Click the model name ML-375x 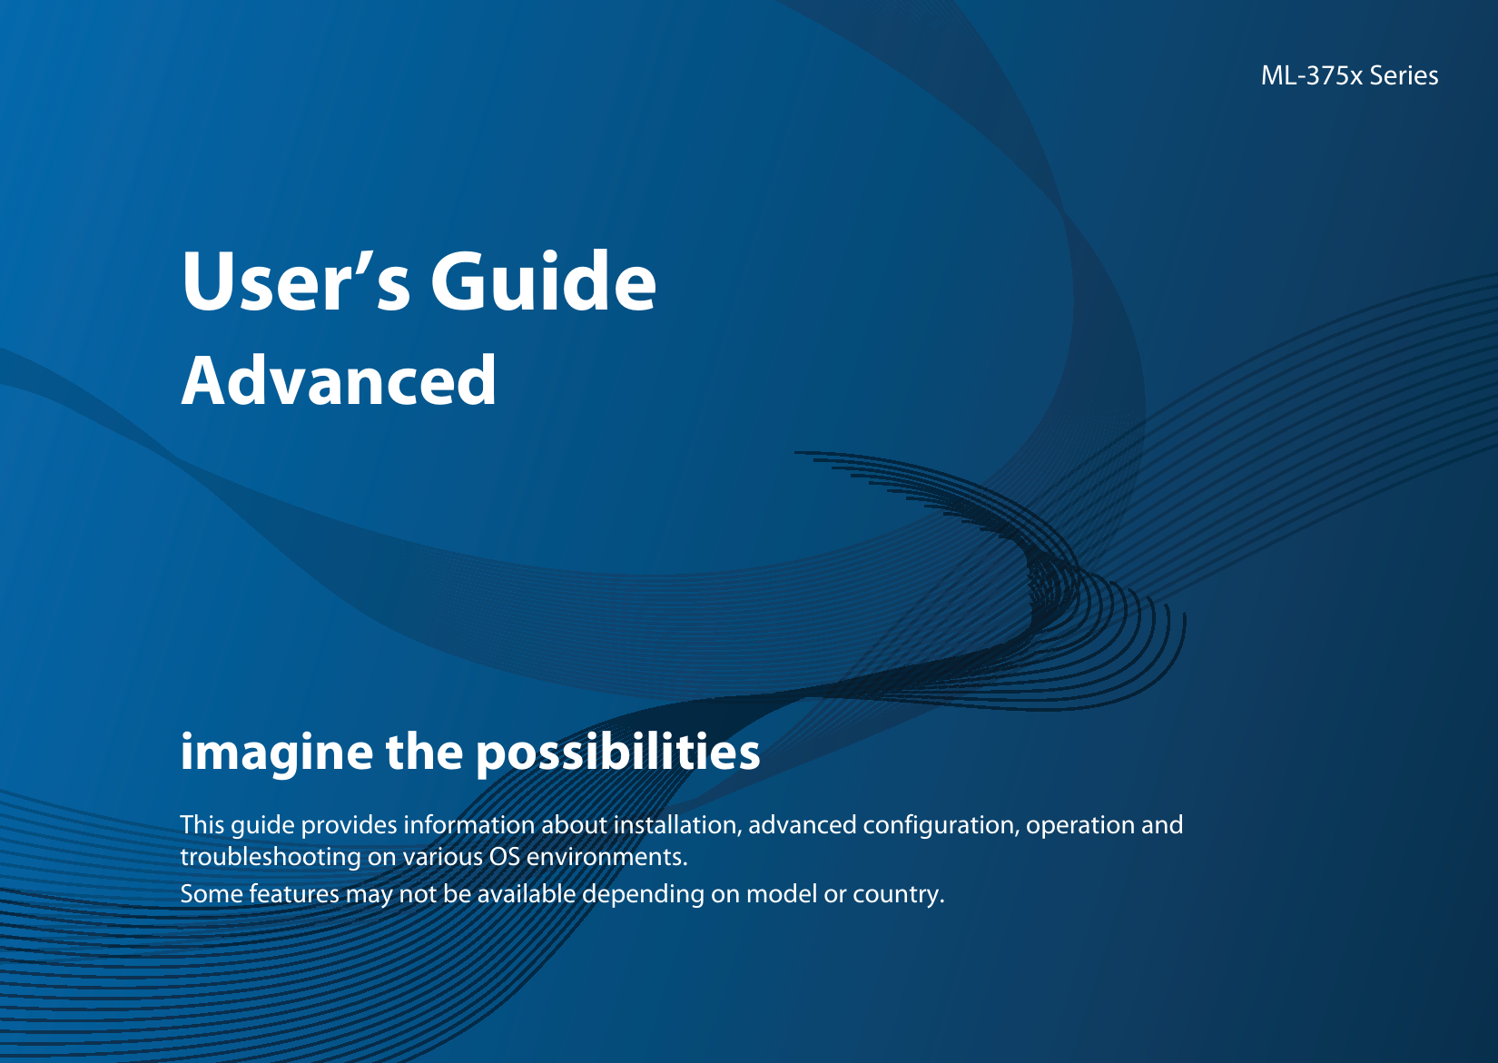click(x=1311, y=75)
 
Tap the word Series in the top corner click(x=1404, y=75)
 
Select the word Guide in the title click(x=543, y=281)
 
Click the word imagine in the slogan click(x=276, y=753)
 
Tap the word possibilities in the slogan click(x=617, y=753)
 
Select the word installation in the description click(x=676, y=825)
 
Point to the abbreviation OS click(x=504, y=857)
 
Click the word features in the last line click(x=294, y=894)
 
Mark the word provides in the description click(x=349, y=826)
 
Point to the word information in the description click(x=468, y=825)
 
